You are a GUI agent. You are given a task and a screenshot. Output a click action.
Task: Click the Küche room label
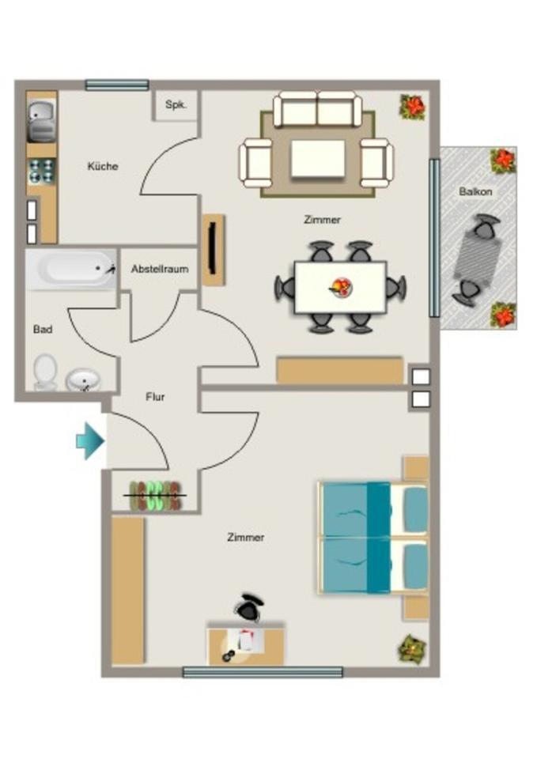[103, 167]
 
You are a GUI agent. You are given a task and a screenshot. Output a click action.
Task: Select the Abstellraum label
[160, 269]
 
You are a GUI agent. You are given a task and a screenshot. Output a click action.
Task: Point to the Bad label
[43, 329]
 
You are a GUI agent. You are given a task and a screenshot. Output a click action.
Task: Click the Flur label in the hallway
[155, 397]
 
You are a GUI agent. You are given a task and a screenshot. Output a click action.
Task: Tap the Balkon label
[476, 192]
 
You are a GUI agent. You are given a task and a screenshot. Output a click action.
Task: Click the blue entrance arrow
[89, 440]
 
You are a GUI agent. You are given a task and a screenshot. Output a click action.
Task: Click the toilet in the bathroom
[46, 371]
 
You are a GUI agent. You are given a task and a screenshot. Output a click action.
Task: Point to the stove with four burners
[41, 171]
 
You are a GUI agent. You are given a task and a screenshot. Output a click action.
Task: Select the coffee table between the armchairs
[317, 159]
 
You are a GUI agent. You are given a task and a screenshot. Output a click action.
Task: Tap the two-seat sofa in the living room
[317, 109]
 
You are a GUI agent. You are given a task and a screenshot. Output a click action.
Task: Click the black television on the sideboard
[212, 247]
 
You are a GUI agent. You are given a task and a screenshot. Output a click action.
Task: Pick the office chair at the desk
[250, 607]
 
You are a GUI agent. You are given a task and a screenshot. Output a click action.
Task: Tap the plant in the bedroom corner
[412, 648]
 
